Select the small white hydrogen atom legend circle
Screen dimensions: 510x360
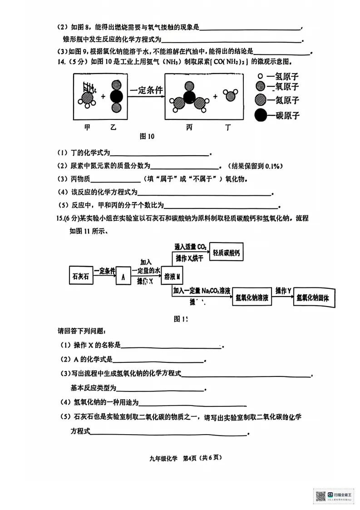pos(260,77)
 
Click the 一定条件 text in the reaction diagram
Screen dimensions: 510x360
pos(146,90)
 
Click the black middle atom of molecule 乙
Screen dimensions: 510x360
pos(117,97)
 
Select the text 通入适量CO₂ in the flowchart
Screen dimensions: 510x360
pos(191,247)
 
